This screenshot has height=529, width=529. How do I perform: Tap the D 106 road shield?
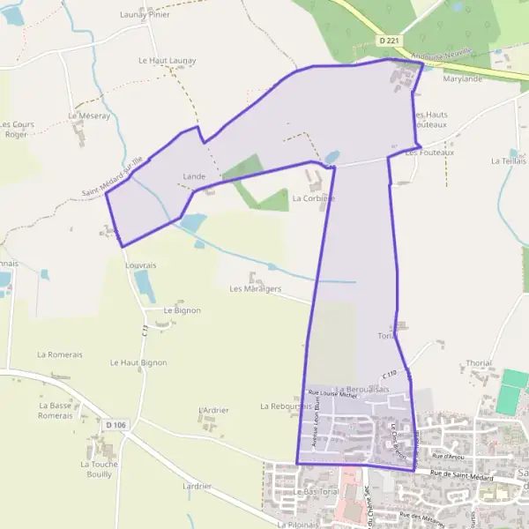116,425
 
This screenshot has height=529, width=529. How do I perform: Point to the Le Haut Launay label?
168,60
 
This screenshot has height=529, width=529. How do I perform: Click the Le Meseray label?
89,115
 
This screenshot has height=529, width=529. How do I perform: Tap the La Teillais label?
509,161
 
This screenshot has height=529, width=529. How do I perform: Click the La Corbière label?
314,198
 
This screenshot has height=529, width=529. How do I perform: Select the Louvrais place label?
141,264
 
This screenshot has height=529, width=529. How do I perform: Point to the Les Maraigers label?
256,288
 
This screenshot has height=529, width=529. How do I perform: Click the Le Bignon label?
183,310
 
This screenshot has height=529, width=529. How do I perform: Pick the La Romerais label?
60,354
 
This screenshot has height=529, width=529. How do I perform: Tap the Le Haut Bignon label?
138,362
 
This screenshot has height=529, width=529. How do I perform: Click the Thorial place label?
479,363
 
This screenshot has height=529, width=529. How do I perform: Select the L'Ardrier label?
214,410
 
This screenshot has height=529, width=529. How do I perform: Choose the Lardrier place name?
197,486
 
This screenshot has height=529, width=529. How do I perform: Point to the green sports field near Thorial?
511,392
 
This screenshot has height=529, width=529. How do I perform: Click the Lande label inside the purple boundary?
194,176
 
